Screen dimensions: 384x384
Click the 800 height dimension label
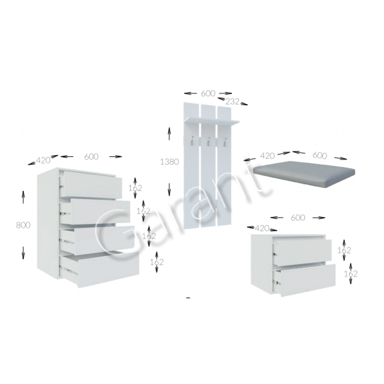tap(23, 225)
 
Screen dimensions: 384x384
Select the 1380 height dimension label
tap(169, 162)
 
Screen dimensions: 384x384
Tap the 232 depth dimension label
tap(232, 101)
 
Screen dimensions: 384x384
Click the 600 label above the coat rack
tap(208, 93)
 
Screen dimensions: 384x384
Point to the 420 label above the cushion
tap(267, 156)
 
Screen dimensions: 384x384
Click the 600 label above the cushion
tap(319, 156)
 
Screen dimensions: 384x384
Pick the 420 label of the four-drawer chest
tap(43, 160)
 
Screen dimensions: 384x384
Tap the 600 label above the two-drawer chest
tap(298, 217)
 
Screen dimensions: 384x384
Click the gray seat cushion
tap(304, 174)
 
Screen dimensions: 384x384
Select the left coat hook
tap(192, 142)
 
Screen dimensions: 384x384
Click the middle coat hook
tap(209, 142)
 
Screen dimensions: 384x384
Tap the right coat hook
tap(224, 142)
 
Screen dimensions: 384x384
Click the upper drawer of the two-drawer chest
tap(302, 253)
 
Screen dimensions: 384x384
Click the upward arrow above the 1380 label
tap(169, 134)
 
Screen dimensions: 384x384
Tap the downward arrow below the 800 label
tap(23, 253)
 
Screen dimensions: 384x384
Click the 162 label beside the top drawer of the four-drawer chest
tap(135, 188)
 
